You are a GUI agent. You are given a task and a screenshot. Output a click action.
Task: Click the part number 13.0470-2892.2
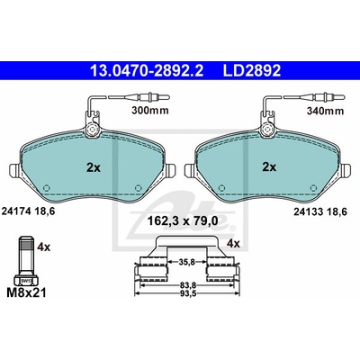click(147, 71)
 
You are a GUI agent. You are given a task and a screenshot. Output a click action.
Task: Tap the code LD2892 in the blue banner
click(252, 71)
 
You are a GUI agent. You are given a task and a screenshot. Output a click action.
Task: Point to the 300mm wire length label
click(150, 111)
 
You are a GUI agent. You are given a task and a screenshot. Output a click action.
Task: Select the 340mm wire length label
click(325, 111)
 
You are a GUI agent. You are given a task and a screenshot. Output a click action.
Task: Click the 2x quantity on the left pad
click(94, 167)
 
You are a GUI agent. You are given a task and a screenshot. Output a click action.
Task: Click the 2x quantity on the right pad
click(269, 167)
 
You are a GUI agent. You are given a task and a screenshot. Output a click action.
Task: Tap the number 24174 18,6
click(29, 211)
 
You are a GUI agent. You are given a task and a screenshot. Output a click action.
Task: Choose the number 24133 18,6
click(320, 212)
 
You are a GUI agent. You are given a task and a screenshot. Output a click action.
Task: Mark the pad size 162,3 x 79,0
click(183, 221)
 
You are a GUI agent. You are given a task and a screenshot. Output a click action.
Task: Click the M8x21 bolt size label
click(26, 292)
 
